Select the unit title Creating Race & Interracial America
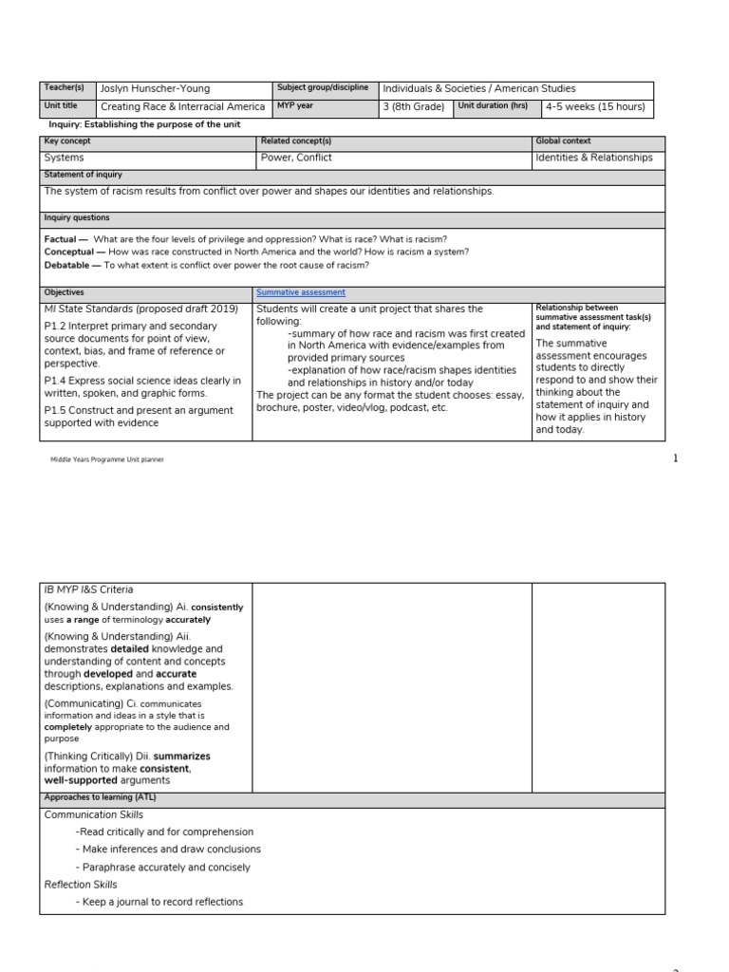(182, 107)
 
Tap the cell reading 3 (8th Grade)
(413, 107)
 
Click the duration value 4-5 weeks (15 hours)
(595, 107)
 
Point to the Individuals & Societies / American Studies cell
(478, 89)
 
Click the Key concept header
(67, 141)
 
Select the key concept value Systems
(65, 158)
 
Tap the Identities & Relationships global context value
(593, 158)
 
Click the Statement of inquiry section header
(83, 176)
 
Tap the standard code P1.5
(56, 410)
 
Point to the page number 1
(676, 458)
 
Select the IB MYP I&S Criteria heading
(89, 589)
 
